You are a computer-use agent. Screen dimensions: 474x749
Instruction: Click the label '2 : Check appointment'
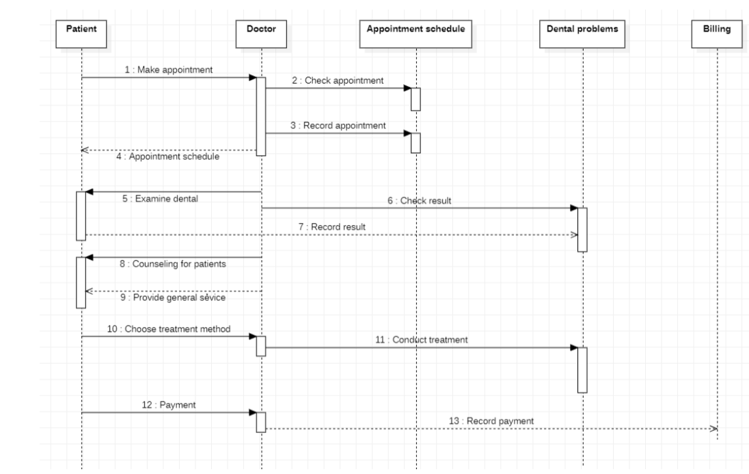point(338,81)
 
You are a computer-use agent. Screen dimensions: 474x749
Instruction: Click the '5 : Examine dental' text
point(164,200)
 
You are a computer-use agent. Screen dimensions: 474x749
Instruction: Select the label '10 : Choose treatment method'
point(169,328)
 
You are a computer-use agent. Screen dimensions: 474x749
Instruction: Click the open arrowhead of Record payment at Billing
point(713,429)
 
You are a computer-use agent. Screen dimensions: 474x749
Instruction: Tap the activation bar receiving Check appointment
point(415,98)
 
